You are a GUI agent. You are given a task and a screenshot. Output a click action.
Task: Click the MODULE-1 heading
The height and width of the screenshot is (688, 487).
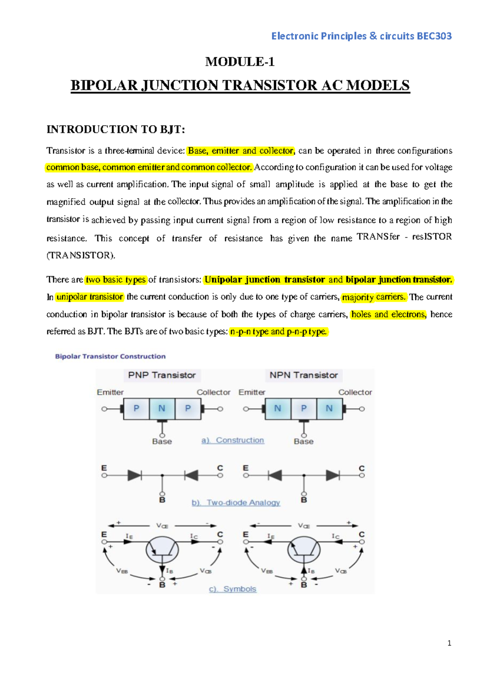240,62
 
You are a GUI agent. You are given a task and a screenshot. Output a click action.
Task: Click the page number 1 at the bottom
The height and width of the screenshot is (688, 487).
449,643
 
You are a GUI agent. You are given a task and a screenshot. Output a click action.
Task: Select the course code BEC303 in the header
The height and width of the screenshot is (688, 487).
434,36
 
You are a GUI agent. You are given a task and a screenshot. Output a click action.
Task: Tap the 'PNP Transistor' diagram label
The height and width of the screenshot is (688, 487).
162,375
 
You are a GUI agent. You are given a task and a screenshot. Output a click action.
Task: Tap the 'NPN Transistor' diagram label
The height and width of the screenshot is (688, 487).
304,375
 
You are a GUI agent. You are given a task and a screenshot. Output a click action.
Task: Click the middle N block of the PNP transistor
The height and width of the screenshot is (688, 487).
162,408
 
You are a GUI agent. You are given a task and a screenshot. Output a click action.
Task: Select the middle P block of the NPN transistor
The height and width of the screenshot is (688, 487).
304,408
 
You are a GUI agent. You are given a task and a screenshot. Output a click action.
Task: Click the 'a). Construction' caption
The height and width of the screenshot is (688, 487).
233,440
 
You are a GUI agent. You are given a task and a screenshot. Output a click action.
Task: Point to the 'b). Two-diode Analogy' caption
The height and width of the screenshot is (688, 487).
236,503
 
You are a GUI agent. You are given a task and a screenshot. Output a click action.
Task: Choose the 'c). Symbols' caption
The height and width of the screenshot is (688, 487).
233,589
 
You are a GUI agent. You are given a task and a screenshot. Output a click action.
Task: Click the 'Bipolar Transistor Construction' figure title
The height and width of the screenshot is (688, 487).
110,357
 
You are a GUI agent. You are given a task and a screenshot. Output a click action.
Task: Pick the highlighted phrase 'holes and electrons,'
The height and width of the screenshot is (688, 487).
388,314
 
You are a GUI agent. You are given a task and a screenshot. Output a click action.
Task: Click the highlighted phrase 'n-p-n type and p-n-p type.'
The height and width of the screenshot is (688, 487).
278,332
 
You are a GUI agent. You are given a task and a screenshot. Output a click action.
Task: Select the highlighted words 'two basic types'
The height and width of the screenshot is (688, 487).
116,280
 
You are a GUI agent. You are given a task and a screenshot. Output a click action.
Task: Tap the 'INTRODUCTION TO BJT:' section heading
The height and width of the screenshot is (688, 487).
116,129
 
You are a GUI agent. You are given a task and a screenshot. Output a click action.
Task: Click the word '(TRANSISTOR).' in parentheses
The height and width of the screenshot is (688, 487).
81,256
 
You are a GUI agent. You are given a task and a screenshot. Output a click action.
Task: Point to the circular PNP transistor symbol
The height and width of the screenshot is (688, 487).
162,550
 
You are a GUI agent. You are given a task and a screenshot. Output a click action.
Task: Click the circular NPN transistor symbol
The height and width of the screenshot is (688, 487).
304,550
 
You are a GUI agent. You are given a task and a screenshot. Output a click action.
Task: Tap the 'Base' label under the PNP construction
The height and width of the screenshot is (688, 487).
162,441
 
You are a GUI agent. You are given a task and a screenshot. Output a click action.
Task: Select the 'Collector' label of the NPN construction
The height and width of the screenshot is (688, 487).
355,392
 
